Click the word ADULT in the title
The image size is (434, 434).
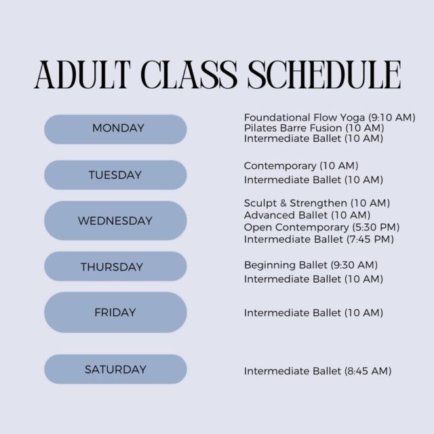tap(83, 75)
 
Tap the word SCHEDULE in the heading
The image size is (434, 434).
tap(324, 75)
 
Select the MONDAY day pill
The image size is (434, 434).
tap(115, 130)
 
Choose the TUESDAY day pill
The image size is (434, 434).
tap(115, 175)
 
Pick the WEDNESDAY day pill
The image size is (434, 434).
tap(115, 220)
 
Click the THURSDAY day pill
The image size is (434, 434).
tap(115, 267)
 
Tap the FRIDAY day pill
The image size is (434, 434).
tap(115, 312)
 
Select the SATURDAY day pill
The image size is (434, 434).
tap(115, 369)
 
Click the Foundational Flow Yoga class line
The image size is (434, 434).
tap(330, 117)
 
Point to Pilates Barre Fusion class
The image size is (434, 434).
tap(314, 128)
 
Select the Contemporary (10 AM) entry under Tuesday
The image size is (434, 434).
tap(301, 165)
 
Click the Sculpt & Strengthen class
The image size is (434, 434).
tap(317, 203)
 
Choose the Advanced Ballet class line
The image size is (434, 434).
tap(307, 215)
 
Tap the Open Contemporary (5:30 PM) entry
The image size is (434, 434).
tap(322, 227)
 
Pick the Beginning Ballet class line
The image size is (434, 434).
tap(311, 265)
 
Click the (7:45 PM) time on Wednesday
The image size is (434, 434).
tap(370, 239)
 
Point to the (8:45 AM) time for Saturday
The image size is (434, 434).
tap(368, 371)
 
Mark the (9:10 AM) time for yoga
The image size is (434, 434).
tap(392, 117)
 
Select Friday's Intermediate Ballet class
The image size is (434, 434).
tap(313, 313)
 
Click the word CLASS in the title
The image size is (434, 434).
tap(189, 75)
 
